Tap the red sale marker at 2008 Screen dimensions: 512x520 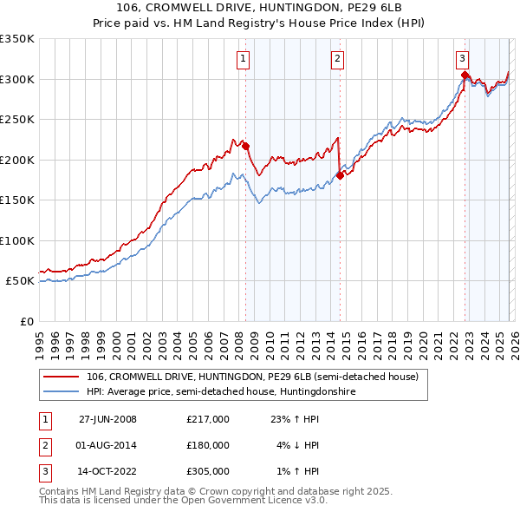(x=245, y=146)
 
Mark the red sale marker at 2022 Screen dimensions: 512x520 (x=465, y=75)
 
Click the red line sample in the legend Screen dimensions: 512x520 (x=62, y=377)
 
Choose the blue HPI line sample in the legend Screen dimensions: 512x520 (x=62, y=392)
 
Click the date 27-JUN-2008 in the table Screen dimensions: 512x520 (x=108, y=419)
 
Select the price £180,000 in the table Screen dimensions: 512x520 (x=208, y=445)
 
